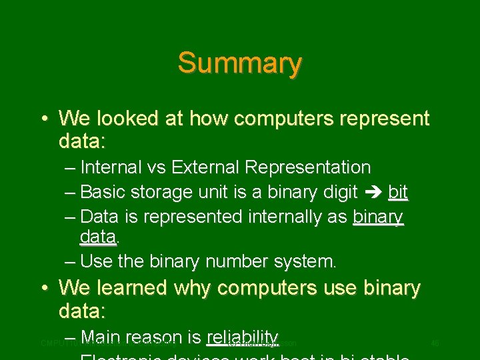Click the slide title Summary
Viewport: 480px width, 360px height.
tap(240, 63)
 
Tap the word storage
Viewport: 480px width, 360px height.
tap(159, 193)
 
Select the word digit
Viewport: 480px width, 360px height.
tap(336, 193)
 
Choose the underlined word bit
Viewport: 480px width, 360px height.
tap(397, 193)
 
